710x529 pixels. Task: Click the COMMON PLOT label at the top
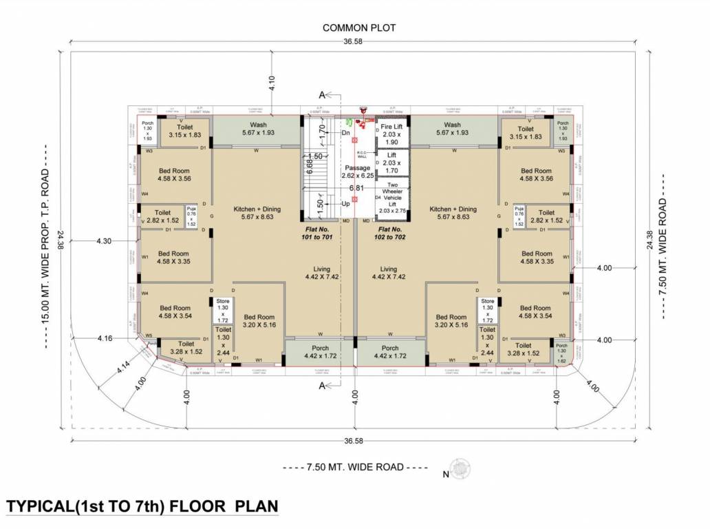[359, 28]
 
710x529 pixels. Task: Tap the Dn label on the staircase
[347, 133]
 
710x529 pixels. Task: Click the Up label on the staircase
[347, 204]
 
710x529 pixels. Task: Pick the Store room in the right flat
[487, 310]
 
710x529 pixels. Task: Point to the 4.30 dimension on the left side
[103, 241]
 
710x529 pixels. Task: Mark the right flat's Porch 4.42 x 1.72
[390, 352]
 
